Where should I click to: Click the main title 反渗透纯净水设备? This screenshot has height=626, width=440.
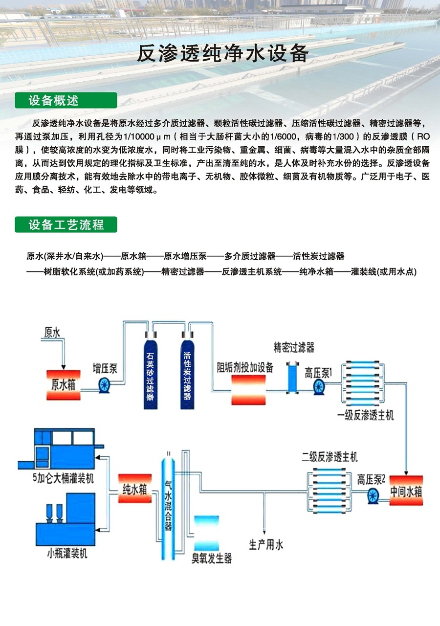tap(222, 53)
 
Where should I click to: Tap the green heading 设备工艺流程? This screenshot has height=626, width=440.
tap(66, 224)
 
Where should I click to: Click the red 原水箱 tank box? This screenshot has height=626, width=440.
tap(63, 383)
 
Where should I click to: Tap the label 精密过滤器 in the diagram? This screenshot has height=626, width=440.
tap(294, 348)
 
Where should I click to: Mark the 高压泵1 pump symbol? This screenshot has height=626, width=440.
tap(319, 386)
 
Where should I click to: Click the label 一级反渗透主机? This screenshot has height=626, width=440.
tap(365, 416)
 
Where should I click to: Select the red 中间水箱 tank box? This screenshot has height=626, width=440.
tap(406, 491)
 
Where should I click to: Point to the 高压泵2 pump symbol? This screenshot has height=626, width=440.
tap(374, 495)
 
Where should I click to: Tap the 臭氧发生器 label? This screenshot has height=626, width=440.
tap(211, 559)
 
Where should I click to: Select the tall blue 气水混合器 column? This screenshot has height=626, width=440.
tap(168, 509)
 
